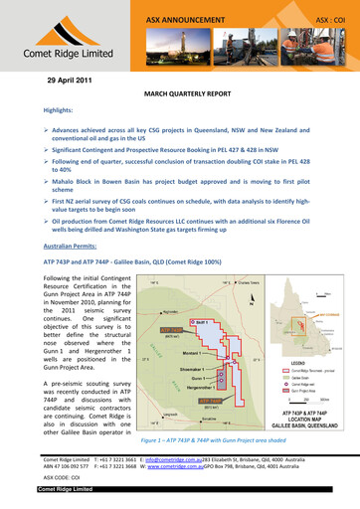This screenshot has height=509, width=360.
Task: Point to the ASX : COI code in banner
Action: click(329, 18)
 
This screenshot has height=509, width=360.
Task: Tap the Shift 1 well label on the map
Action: click(202, 324)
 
